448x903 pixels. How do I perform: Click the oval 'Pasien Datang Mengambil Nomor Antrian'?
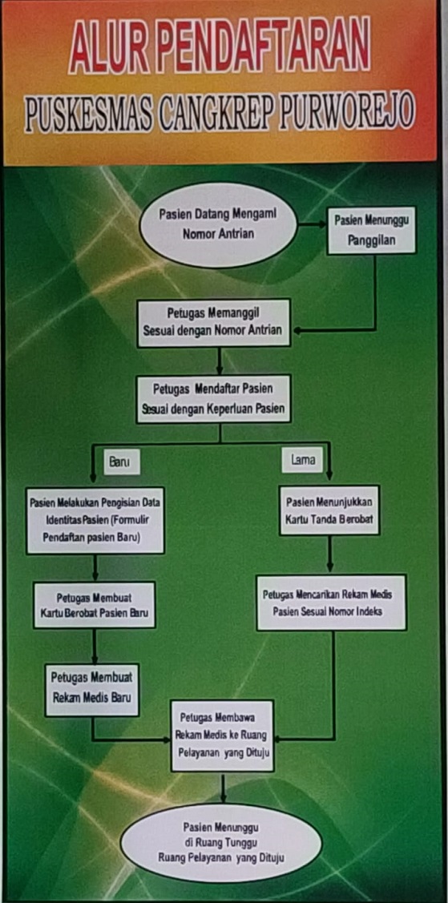(219, 224)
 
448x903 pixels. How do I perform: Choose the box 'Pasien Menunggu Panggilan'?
(371, 231)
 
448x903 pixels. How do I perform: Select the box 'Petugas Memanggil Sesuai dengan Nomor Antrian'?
(214, 322)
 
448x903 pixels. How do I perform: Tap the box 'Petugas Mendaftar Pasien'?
(214, 398)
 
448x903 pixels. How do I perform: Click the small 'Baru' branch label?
(121, 462)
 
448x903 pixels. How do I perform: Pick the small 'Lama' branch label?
(302, 460)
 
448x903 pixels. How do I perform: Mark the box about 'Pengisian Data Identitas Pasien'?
(95, 521)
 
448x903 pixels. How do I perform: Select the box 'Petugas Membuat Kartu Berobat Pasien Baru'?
(95, 605)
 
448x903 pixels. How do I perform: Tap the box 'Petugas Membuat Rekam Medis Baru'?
(92, 690)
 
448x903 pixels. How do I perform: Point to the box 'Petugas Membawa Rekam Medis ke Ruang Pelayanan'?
(222, 736)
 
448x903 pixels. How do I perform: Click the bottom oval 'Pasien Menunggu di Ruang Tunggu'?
(221, 843)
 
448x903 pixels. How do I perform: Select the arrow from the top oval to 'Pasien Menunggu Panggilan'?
(312, 224)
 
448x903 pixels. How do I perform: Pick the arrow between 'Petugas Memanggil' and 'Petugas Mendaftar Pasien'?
(220, 361)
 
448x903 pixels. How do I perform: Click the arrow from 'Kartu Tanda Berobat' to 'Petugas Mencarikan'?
(330, 554)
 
